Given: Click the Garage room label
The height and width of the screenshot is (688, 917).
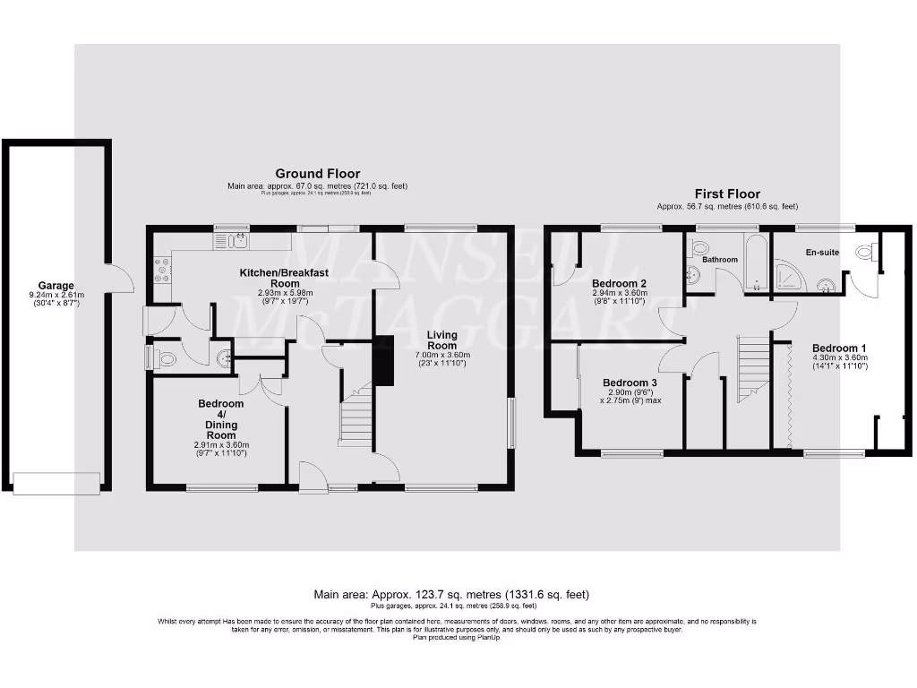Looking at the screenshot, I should (x=56, y=286).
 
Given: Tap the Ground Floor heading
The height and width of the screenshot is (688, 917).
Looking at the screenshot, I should (x=317, y=174).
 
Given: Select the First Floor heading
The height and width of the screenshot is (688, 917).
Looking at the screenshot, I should (x=727, y=193).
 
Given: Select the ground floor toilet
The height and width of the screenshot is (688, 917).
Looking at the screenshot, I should (x=165, y=359).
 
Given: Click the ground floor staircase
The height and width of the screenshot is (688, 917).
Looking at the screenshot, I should (x=355, y=413).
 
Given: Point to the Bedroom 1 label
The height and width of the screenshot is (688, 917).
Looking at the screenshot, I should (x=839, y=348).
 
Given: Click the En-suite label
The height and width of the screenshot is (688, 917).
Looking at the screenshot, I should (x=821, y=253).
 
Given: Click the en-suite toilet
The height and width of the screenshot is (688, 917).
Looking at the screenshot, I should (x=864, y=253).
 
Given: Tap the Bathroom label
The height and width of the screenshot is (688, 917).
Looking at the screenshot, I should (x=719, y=260).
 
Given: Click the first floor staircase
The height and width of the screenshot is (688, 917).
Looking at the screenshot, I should (x=753, y=368).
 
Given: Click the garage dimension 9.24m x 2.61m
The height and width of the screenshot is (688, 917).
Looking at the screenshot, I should (x=56, y=295).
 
